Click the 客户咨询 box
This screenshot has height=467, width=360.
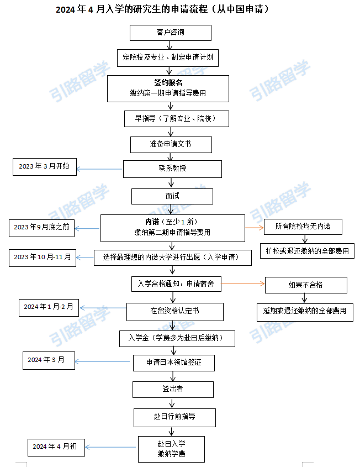(171, 33)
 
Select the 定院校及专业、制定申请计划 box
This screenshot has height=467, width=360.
(168, 58)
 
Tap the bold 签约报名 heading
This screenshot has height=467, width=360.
(168, 82)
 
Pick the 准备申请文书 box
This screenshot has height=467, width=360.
(171, 145)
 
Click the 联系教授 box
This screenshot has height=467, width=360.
(173, 169)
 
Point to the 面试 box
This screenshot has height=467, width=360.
(172, 196)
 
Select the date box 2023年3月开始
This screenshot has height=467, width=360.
(45, 167)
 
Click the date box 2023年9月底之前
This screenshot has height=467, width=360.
(41, 228)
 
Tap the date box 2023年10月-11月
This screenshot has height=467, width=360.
(43, 258)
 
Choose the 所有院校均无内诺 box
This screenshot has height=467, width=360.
(303, 227)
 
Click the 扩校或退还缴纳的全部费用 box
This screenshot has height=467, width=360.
(308, 251)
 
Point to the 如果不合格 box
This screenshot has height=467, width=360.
(306, 285)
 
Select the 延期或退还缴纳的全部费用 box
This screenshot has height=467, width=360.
(305, 312)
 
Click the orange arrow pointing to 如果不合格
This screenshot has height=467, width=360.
(243, 284)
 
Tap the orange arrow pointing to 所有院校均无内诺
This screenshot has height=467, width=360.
(255, 228)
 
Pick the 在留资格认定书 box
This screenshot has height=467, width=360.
(175, 312)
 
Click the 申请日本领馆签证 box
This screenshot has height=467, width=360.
(174, 363)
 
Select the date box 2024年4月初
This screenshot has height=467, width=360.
(56, 447)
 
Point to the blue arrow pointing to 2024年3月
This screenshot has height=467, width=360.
(102, 361)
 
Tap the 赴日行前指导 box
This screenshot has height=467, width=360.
(174, 418)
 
